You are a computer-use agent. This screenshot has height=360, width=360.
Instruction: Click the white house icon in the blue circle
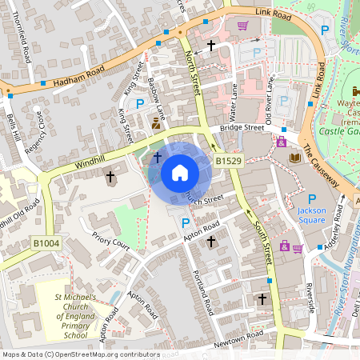tap(180, 173)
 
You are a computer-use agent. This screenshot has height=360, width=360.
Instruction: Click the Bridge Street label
tap(242, 128)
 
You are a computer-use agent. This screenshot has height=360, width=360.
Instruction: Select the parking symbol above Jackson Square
tap(312, 200)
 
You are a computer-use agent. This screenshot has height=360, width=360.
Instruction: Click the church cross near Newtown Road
tap(262, 299)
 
